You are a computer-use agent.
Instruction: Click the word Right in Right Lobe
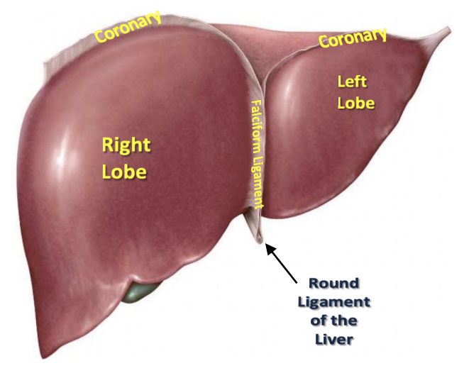pos(126,146)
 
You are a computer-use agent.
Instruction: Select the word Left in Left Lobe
pos(353,82)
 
